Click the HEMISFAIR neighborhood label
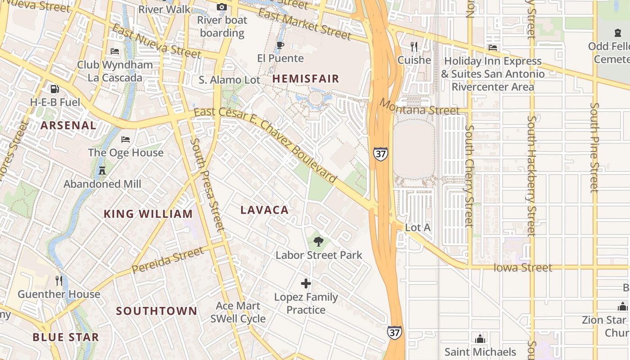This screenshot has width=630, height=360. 306,79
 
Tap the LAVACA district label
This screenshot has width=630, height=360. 264,210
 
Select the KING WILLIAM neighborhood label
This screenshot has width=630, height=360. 148,214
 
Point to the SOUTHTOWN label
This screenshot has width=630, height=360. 157,311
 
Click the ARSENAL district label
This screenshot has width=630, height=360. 68,126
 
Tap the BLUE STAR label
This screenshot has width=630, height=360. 66,337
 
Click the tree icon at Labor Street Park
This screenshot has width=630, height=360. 319,242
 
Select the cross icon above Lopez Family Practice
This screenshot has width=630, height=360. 306,283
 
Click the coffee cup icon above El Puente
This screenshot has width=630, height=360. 280,45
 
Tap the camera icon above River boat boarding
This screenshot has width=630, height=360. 221,7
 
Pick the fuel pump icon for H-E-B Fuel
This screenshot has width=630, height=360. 54,89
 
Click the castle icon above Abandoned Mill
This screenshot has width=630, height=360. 102,171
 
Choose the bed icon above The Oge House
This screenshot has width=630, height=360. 126,139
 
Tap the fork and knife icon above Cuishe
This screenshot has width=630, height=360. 414,47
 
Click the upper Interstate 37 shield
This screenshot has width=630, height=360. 380,153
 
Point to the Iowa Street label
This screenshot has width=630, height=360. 522,268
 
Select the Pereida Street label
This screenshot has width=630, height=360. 167,261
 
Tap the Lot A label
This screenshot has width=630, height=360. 418,228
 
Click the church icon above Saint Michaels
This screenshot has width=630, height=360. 480,338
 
